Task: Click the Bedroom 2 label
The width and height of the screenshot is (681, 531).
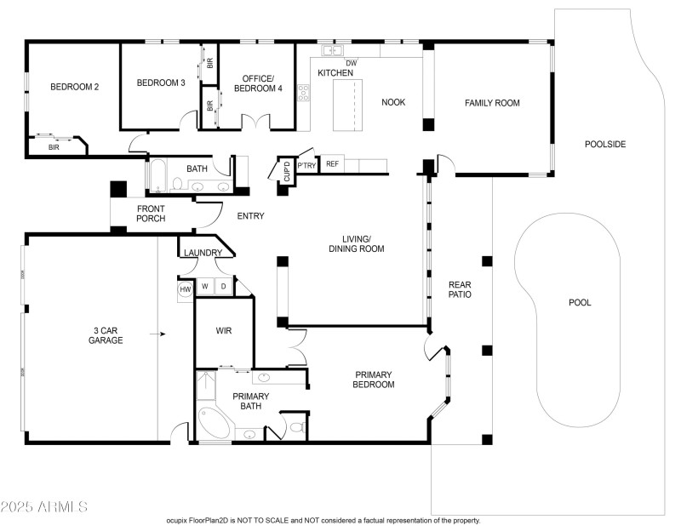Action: [x=75, y=87]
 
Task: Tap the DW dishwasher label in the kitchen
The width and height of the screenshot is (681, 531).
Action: [x=352, y=63]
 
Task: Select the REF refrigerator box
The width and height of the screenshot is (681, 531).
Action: [x=332, y=163]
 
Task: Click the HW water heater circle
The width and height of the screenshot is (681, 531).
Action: [x=186, y=289]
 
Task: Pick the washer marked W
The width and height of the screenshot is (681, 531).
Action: [x=205, y=287]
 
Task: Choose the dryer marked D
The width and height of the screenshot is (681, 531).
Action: [x=224, y=287]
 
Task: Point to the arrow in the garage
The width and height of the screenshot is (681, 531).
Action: [x=157, y=334]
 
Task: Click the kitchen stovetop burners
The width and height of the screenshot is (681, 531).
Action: [x=303, y=93]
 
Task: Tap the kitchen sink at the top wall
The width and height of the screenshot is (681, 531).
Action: [x=332, y=50]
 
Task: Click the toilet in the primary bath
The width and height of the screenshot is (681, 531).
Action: [x=297, y=427]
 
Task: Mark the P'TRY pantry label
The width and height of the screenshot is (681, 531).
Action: [x=306, y=165]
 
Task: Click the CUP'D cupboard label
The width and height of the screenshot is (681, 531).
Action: [x=287, y=172]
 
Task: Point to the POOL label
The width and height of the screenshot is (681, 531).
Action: [x=580, y=303]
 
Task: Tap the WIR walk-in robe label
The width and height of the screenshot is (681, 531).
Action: [x=224, y=331]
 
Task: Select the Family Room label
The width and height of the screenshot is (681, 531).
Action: [x=492, y=103]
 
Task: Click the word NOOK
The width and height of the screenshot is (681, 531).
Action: [x=393, y=102]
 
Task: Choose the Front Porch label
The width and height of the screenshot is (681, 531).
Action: [x=151, y=214]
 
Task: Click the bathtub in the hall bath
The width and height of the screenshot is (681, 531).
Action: [x=157, y=176]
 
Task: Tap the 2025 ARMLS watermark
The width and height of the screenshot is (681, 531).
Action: [x=44, y=506]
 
